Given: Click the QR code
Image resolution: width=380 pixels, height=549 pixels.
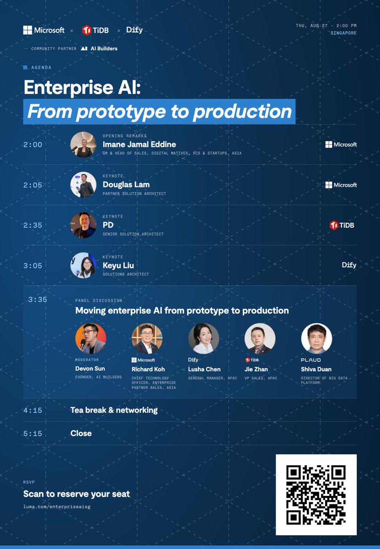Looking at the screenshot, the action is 316,495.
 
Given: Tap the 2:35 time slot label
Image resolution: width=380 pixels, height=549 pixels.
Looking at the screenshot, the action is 32,225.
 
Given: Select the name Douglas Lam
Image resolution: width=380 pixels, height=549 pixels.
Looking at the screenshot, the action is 126,184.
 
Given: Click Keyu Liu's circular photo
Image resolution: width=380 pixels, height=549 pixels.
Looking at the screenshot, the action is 83,265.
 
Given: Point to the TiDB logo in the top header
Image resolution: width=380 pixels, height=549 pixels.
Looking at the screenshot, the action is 95,30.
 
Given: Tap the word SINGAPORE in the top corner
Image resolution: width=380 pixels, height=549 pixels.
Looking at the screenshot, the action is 343,33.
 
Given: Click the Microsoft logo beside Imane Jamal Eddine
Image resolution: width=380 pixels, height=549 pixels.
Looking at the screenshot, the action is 341,145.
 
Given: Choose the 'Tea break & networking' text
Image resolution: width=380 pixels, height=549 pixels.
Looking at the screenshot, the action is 114,410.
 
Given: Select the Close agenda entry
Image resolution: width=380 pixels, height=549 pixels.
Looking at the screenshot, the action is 81,433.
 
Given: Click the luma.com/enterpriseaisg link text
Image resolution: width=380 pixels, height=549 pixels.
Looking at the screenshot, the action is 57,506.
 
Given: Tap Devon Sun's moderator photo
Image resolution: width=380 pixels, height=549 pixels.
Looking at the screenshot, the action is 91,339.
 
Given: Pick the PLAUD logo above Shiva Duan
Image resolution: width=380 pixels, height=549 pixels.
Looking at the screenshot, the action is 310,360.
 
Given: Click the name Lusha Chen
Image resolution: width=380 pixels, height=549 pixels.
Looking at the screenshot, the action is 204,369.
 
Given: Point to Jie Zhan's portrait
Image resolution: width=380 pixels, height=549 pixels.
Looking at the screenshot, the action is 260,339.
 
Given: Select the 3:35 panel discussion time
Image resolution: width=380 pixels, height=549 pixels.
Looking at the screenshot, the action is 37,300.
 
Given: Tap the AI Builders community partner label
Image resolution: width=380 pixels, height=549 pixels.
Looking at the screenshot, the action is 99,48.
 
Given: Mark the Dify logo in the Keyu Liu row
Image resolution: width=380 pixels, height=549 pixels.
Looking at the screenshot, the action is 349,265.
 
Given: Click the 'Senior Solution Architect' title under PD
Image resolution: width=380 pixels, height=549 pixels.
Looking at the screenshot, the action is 133,234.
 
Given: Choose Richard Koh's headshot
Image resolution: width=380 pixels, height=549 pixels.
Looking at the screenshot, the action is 147,339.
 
